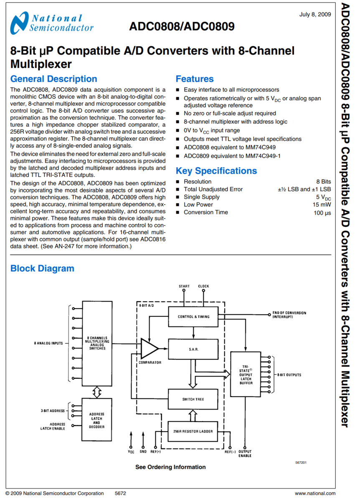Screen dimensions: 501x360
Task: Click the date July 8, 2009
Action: click(x=315, y=14)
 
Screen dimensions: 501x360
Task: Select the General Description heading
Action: click(x=53, y=79)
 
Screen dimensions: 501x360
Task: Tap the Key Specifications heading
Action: click(x=216, y=171)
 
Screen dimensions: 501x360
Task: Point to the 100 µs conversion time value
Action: click(x=322, y=213)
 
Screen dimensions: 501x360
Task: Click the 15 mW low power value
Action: click(x=322, y=205)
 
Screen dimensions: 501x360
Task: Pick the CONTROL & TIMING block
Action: click(x=193, y=316)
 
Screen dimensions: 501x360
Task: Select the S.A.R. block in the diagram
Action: click(x=193, y=348)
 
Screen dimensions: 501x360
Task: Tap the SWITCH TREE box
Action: click(x=193, y=399)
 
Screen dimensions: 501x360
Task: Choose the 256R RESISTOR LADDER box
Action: click(x=193, y=431)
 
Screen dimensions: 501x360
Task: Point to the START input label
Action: click(x=184, y=286)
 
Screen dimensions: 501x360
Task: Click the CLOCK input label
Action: click(x=204, y=286)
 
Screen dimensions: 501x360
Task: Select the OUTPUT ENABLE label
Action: click(x=245, y=453)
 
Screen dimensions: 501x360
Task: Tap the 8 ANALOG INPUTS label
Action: click(x=48, y=343)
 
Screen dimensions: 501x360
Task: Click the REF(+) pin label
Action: click(x=155, y=452)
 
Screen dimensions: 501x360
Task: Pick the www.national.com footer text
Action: click(x=315, y=493)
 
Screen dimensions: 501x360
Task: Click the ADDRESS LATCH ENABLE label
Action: click(x=53, y=426)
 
